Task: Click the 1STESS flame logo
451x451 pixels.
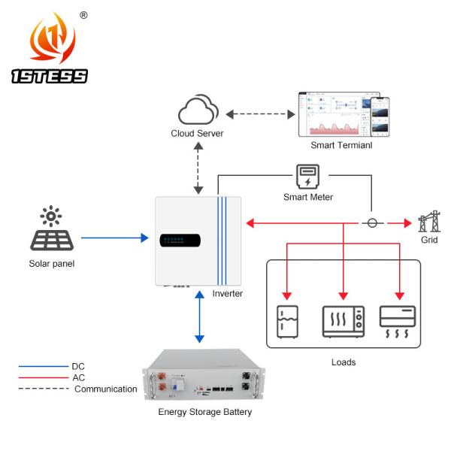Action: (52, 42)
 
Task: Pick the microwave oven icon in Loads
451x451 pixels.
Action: (343, 320)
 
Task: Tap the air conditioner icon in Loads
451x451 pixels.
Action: (398, 320)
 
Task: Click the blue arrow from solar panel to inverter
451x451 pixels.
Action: (113, 239)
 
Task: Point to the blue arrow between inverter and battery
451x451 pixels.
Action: (198, 316)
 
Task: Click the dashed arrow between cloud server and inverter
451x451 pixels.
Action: (198, 170)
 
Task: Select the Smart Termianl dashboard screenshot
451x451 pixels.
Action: (342, 114)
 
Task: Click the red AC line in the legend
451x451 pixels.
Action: (44, 378)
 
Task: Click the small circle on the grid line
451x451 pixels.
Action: (371, 223)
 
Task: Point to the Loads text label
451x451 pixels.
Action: (343, 362)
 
